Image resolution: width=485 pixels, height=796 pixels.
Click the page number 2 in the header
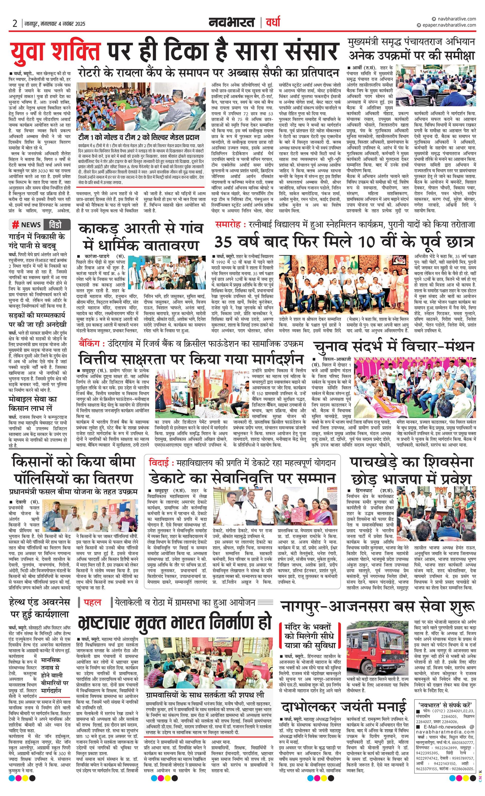pos(15,23)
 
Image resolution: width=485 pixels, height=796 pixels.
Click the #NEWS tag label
pos(27,225)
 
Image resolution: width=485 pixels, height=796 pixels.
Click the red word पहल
pos(93,603)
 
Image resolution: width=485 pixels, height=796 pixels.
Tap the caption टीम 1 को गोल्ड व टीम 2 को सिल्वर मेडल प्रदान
pos(138,137)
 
